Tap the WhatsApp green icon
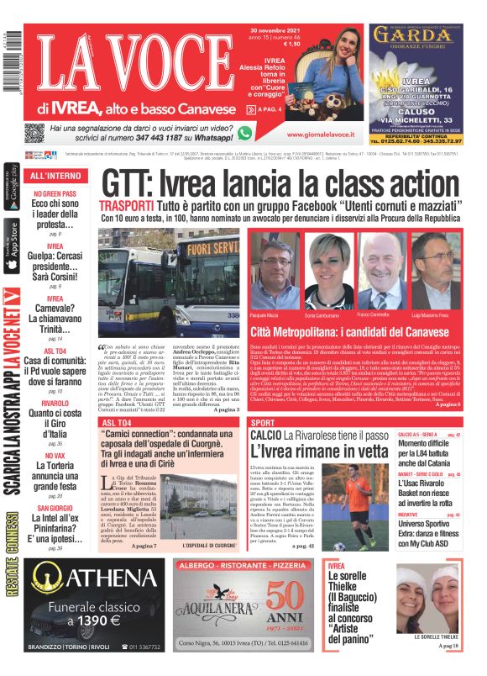(x=244, y=132)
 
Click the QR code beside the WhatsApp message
(x=34, y=133)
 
